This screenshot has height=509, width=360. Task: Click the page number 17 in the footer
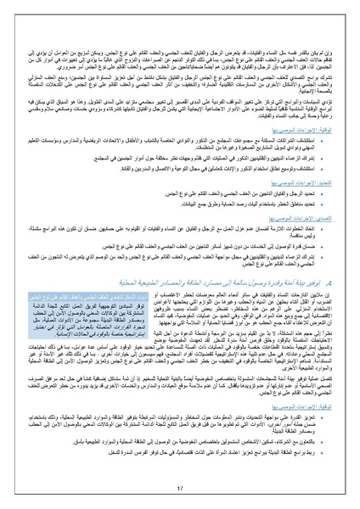click(180, 489)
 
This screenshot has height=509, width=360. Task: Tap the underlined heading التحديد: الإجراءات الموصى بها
click(297, 182)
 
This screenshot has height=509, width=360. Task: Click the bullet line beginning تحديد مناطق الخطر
click(297, 206)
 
